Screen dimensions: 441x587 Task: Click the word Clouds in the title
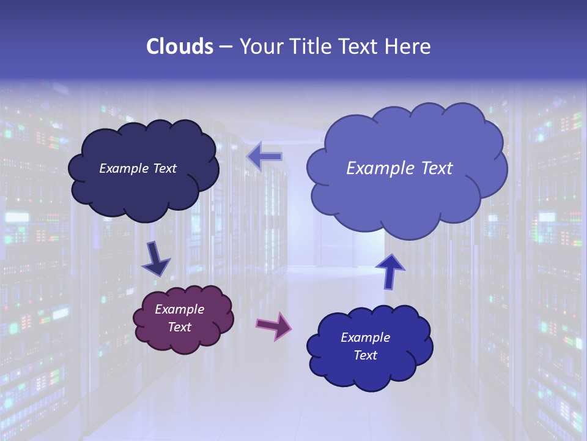(x=180, y=47)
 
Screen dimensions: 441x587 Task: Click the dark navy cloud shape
(x=144, y=190)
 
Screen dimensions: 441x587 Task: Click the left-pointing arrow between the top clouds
(x=265, y=157)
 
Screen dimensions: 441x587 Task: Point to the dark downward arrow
(x=157, y=258)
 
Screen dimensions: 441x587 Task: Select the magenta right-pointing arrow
(x=274, y=326)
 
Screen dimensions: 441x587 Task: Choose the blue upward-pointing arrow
(x=389, y=269)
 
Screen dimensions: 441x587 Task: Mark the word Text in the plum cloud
(x=180, y=327)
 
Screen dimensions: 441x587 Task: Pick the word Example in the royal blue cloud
(x=365, y=337)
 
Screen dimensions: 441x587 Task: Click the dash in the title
(x=225, y=47)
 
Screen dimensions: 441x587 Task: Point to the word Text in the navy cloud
(x=164, y=168)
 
